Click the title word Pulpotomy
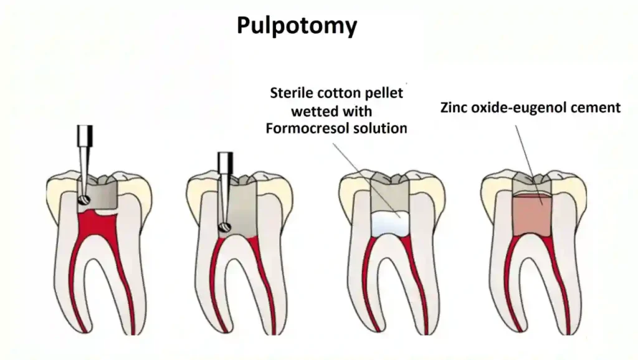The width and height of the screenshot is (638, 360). point(297,26)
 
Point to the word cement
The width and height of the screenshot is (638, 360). point(596,108)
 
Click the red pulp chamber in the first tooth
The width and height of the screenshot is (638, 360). point(93,224)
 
